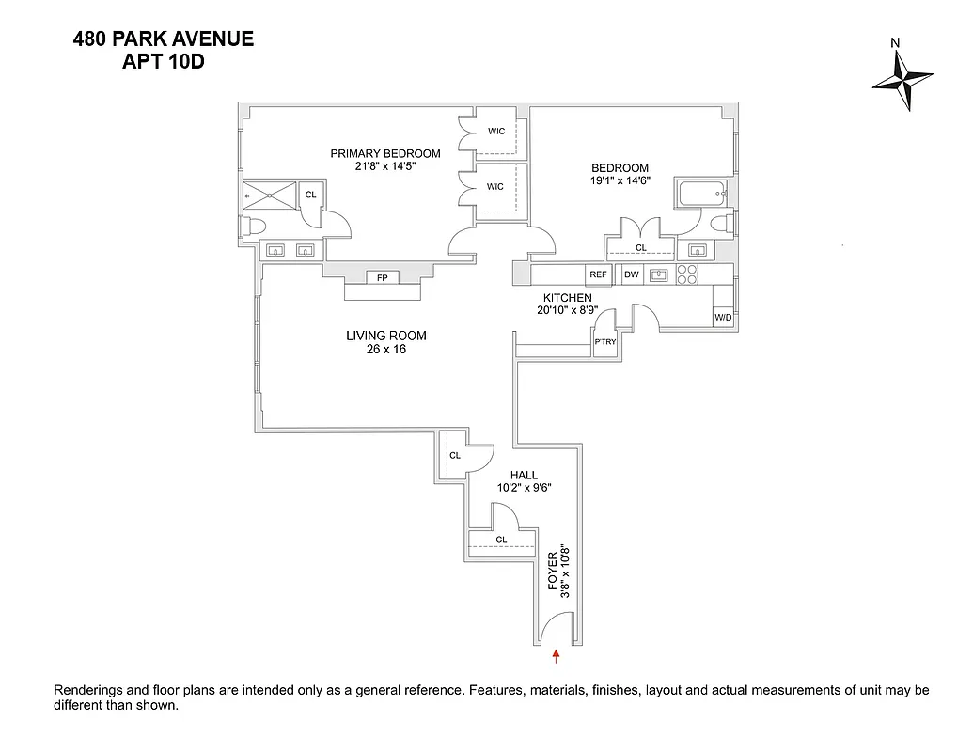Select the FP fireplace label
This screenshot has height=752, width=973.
tap(383, 277)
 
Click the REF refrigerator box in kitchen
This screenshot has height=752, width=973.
tap(598, 274)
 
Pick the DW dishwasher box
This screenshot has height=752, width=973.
tap(631, 274)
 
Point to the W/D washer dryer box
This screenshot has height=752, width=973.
tap(723, 318)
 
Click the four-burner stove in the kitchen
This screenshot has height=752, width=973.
tap(687, 274)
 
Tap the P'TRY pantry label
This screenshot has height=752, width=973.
tap(604, 342)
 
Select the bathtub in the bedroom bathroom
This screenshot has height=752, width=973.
tap(700, 195)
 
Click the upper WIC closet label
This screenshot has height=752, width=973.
tap(495, 132)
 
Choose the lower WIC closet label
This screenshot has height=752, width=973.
tap(495, 187)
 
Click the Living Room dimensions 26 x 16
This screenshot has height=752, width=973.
tap(385, 350)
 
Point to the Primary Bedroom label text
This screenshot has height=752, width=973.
tap(384, 153)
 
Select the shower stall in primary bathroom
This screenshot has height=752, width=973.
tap(270, 195)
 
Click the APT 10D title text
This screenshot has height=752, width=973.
tap(165, 63)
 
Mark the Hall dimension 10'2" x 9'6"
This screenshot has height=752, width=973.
tap(524, 488)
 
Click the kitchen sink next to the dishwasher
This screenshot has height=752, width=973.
tap(659, 274)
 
